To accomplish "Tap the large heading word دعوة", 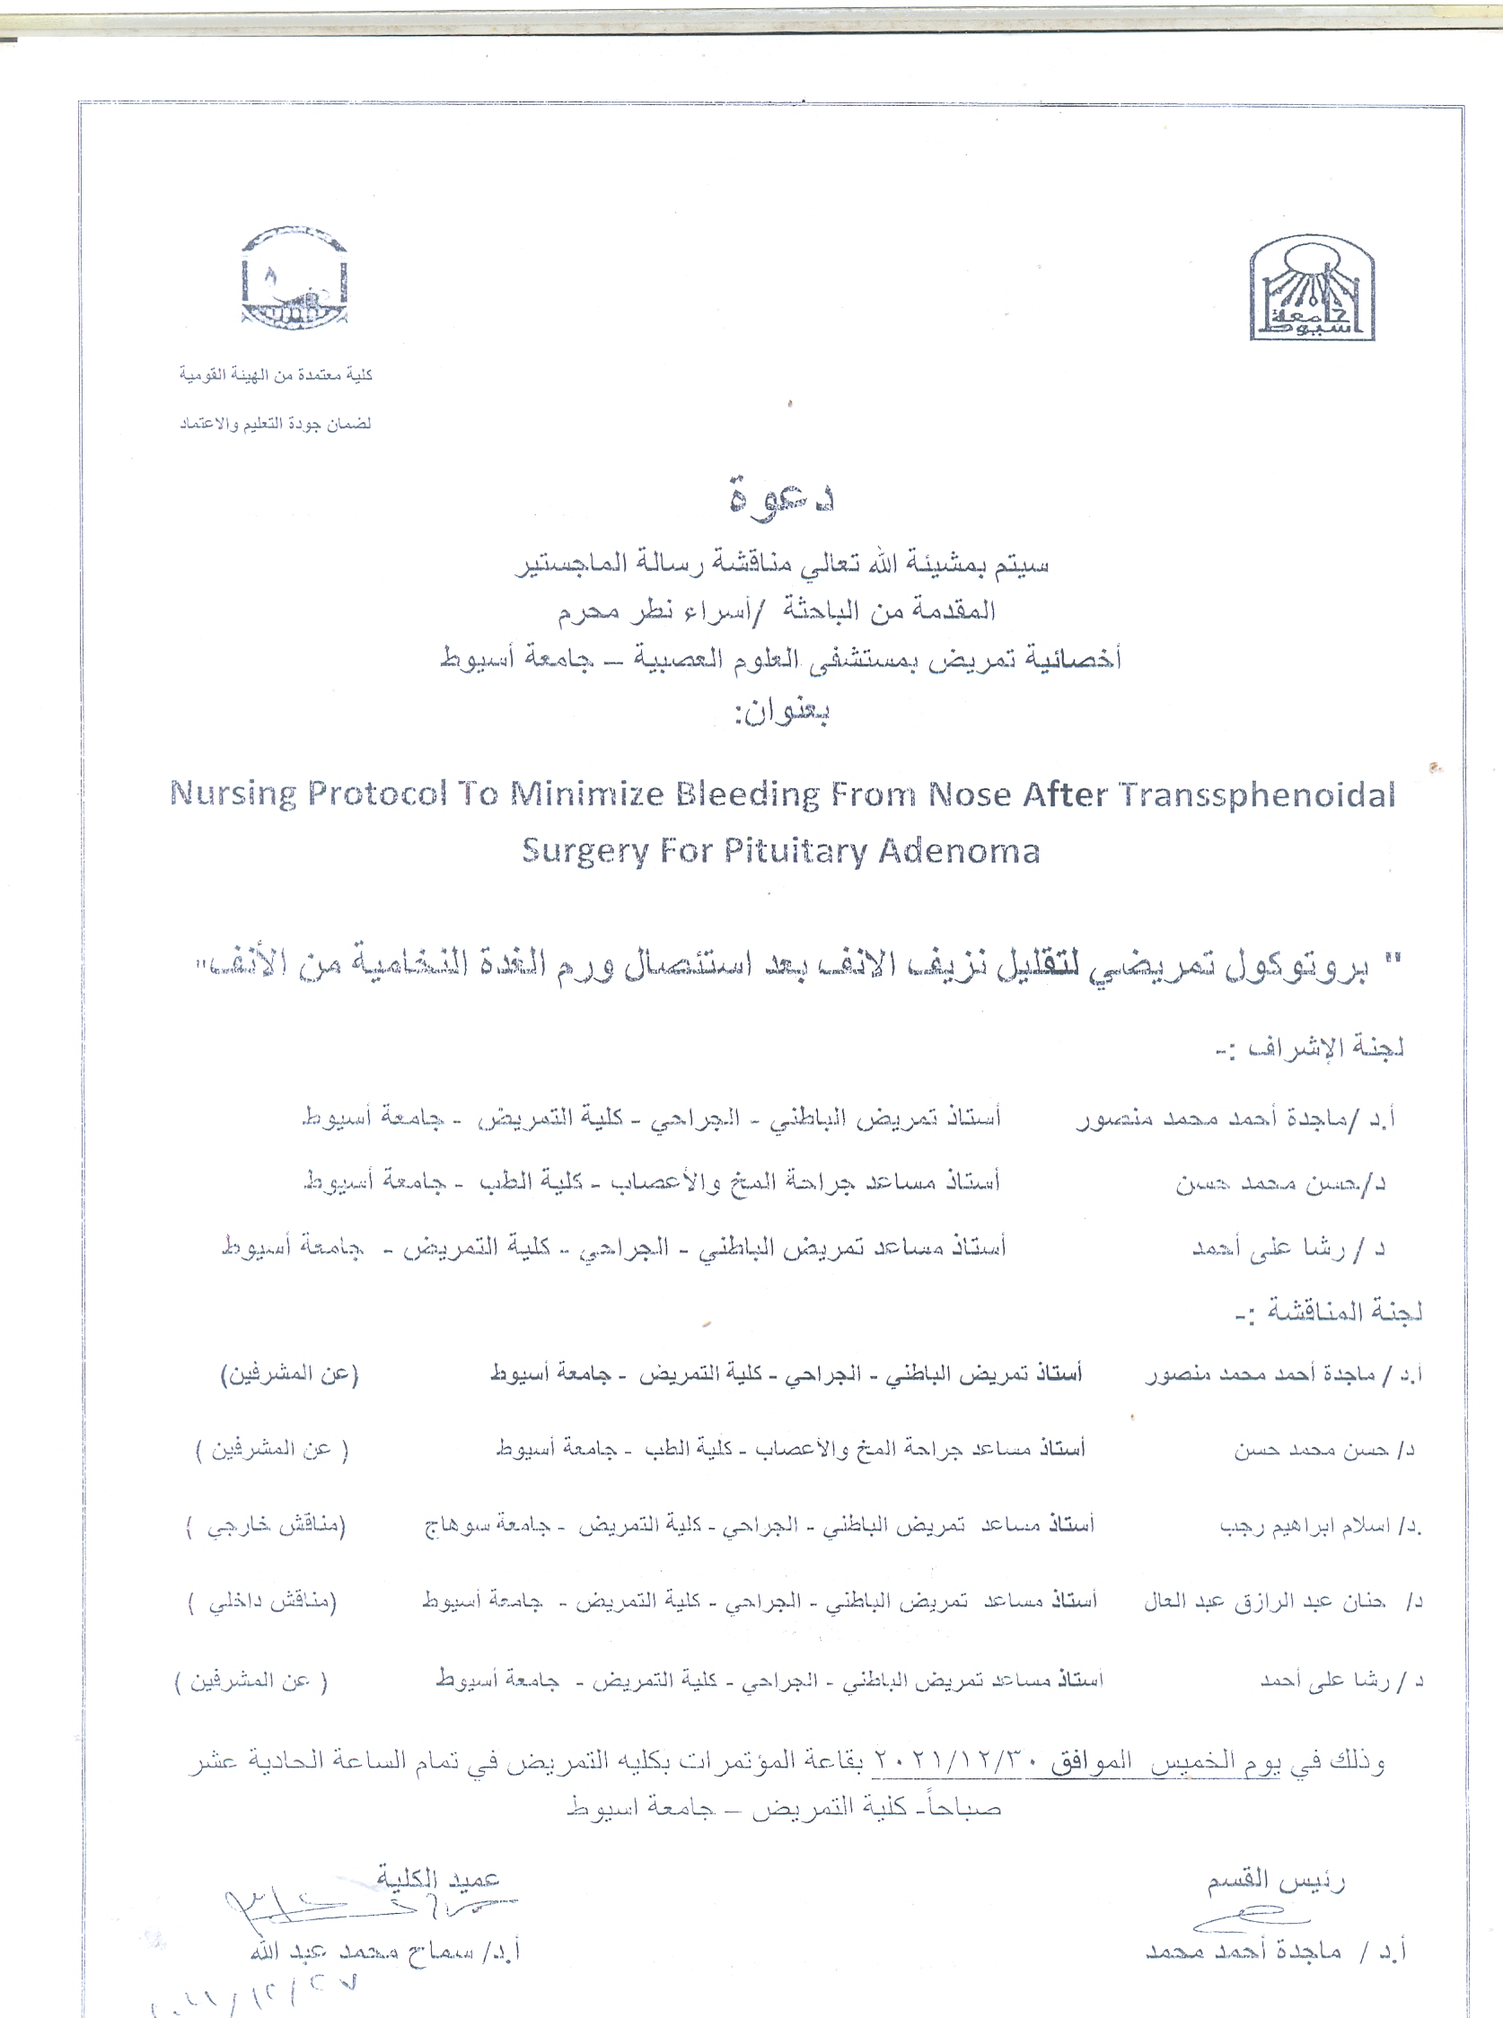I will [781, 496].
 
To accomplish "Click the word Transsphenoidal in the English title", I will [1257, 794].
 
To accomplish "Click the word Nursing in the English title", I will [233, 794].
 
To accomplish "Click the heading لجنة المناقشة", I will [1329, 1312].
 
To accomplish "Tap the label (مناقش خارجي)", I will [266, 1525].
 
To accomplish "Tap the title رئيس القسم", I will [1277, 1881].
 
